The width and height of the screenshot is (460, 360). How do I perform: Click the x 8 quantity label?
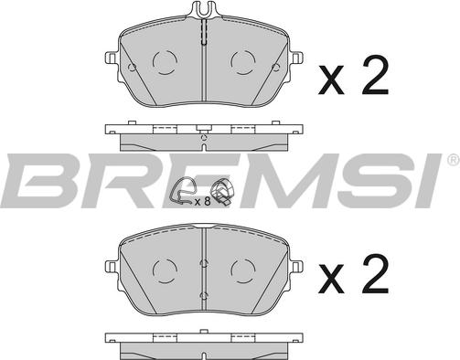[203, 201]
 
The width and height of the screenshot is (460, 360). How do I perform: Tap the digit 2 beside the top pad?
[375, 75]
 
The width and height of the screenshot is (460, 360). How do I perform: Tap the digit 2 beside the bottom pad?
[375, 274]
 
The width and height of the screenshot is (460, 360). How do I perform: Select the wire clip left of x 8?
[182, 193]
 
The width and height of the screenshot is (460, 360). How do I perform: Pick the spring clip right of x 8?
[223, 192]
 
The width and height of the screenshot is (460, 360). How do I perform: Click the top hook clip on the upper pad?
[204, 9]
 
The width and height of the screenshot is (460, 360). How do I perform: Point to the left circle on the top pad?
[165, 62]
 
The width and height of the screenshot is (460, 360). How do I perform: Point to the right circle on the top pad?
[243, 62]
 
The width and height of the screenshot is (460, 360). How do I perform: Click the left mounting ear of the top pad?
[111, 58]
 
